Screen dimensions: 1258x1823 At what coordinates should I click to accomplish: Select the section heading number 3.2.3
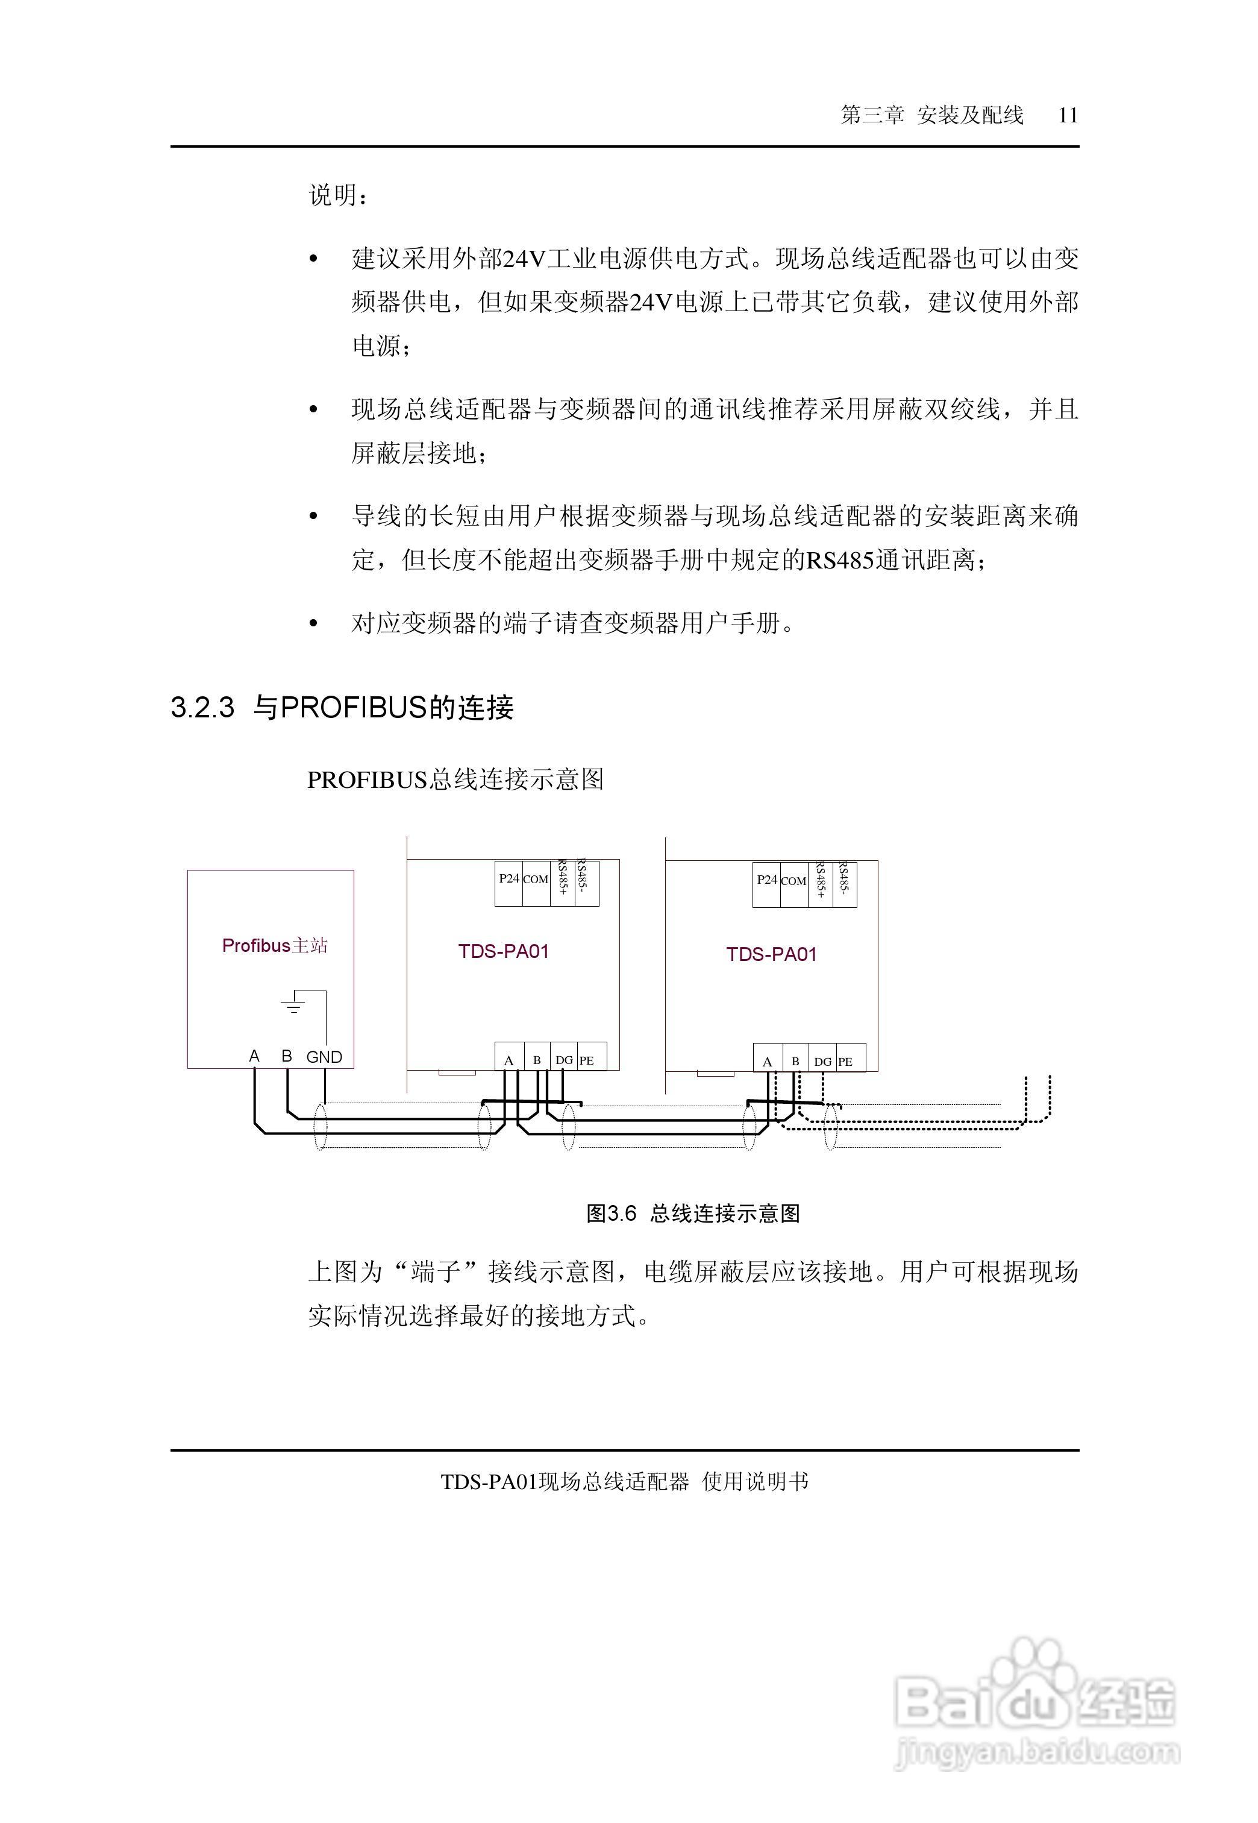coord(202,707)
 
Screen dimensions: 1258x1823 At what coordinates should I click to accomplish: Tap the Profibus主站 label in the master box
coord(274,945)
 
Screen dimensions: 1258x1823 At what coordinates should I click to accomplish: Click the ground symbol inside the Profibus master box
coord(293,1004)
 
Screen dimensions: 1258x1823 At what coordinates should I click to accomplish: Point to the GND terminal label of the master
coord(324,1057)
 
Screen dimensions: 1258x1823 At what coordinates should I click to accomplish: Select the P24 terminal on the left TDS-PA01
coord(509,879)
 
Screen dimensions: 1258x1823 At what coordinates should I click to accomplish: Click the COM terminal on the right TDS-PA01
coord(793,881)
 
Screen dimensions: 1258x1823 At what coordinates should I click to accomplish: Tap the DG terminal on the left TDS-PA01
coord(563,1060)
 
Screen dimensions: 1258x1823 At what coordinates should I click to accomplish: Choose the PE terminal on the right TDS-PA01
coord(845,1062)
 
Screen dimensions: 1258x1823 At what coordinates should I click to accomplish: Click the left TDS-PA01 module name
coord(504,952)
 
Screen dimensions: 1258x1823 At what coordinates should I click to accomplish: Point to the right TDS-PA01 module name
coord(772,955)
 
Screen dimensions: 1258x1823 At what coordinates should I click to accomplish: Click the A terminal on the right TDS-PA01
coord(767,1062)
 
